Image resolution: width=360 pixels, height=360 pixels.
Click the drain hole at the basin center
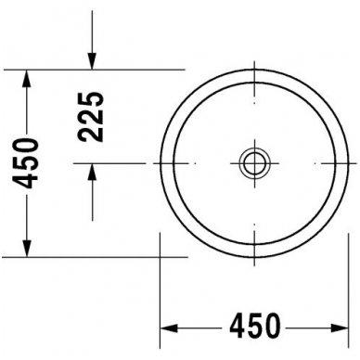pyautogui.click(x=253, y=164)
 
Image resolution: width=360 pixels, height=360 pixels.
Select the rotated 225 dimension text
pyautogui.click(x=91, y=116)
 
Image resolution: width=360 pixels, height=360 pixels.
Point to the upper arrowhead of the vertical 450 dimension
pyautogui.click(x=28, y=80)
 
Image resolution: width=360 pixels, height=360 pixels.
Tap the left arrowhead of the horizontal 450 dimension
pyautogui.click(x=170, y=328)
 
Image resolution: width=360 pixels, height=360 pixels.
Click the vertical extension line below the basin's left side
pyautogui.click(x=161, y=288)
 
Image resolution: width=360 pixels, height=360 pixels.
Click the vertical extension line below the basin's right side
pyautogui.click(x=345, y=288)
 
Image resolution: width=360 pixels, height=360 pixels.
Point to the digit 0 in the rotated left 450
pyautogui.click(x=28, y=143)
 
